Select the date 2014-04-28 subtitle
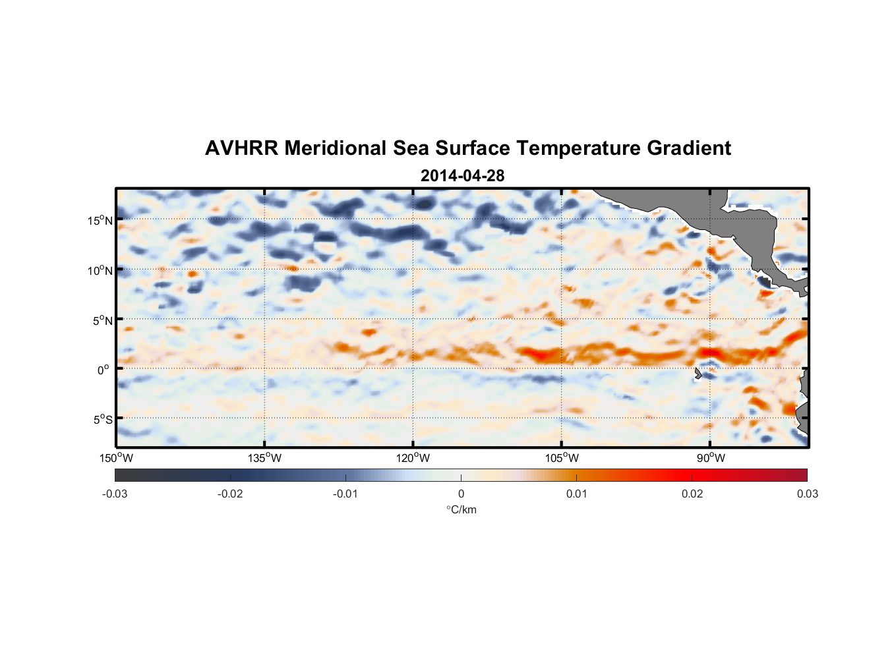click(x=462, y=176)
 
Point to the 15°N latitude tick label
click(x=100, y=220)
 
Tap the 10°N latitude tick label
click(x=100, y=270)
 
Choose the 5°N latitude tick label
click(x=102, y=320)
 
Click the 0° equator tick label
click(x=104, y=370)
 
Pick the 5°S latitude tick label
click(x=102, y=419)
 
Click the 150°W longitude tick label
click(x=117, y=458)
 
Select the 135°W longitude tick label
click(x=265, y=458)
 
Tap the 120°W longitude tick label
click(x=413, y=458)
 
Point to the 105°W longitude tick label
click(x=562, y=458)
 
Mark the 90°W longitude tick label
click(x=711, y=458)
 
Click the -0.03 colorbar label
click(x=115, y=494)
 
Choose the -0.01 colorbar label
click(x=345, y=494)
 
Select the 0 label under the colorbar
click(x=461, y=494)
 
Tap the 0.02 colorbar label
click(x=692, y=494)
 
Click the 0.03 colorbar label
click(x=807, y=494)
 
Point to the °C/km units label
click(x=462, y=509)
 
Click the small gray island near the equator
click(x=698, y=374)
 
